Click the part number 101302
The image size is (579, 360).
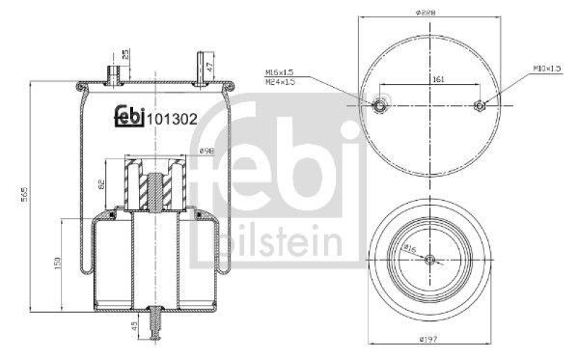172,120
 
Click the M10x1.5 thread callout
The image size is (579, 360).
548,68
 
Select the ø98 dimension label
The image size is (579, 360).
206,151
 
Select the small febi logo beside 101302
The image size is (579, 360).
130,116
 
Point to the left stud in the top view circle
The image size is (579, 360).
379,106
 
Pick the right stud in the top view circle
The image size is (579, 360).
478,106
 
